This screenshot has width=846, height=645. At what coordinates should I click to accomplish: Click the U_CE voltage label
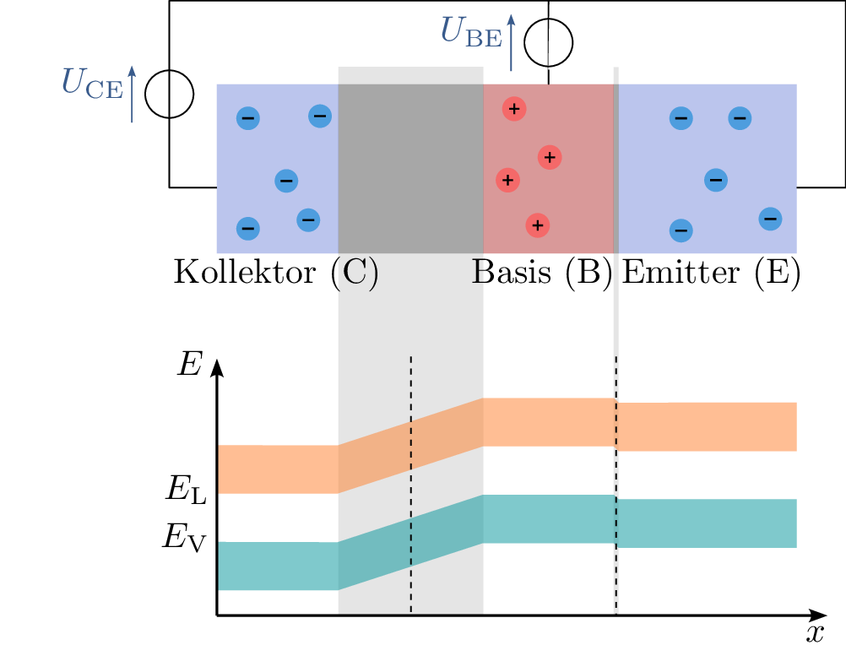coord(92,84)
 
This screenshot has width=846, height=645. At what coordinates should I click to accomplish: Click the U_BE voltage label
coord(470,32)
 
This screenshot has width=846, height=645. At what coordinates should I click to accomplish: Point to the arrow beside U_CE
coord(132,94)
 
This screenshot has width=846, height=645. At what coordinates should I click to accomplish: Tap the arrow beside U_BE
coord(511,42)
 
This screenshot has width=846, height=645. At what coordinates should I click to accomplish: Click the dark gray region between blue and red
coord(410,168)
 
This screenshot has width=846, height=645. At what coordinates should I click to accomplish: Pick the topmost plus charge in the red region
coord(513,108)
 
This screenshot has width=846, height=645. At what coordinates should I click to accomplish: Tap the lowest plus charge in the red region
coord(537,225)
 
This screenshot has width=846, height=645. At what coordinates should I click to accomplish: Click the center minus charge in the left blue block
coord(286,181)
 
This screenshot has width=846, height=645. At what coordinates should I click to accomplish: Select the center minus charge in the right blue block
coord(715,180)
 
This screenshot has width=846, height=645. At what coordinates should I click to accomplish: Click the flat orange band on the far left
coord(278,469)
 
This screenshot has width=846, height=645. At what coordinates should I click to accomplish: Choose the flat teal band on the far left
coord(278,566)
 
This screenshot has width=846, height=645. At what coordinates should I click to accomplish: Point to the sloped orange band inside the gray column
coord(410,445)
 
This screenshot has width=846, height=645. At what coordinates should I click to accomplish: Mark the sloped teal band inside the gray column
coord(410,542)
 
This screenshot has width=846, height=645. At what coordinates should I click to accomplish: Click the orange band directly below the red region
coord(549,422)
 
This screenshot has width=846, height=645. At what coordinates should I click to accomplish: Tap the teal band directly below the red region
coord(549,519)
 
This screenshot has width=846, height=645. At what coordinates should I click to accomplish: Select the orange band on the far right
coord(708,426)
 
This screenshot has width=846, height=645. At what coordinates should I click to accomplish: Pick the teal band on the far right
coord(708,523)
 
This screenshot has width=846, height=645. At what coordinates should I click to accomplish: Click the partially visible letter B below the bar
coord(477,273)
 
